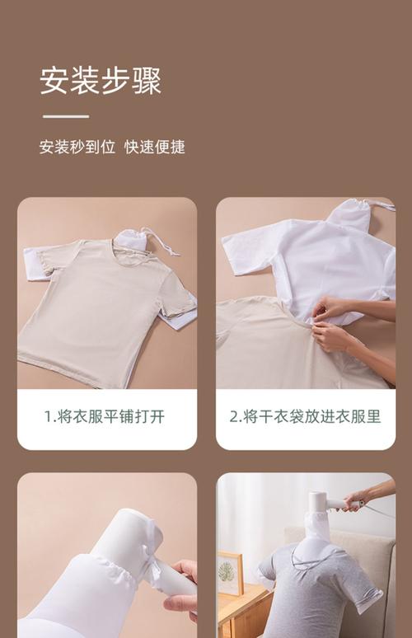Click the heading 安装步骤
coord(101,81)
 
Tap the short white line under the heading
coord(66,116)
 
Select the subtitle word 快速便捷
coord(155,147)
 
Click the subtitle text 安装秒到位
coord(77,147)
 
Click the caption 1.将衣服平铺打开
coord(105,416)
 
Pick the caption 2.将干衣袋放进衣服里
coord(305,416)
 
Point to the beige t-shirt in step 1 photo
coord(105,309)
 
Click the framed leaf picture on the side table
coord(231,573)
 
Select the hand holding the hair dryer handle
coord(368,495)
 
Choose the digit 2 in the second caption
coord(233,417)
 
